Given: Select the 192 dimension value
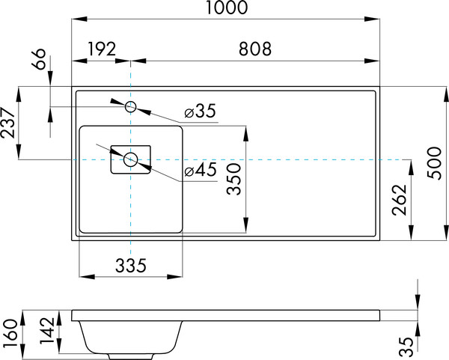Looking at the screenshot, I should (101, 49).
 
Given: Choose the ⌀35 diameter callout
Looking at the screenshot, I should (200, 112).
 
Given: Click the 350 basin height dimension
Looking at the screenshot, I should (235, 180).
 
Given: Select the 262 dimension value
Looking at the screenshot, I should (399, 200).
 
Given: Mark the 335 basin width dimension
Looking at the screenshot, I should (129, 264).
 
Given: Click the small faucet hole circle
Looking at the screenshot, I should (130, 107).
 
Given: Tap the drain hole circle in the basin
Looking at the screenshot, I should (131, 159).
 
